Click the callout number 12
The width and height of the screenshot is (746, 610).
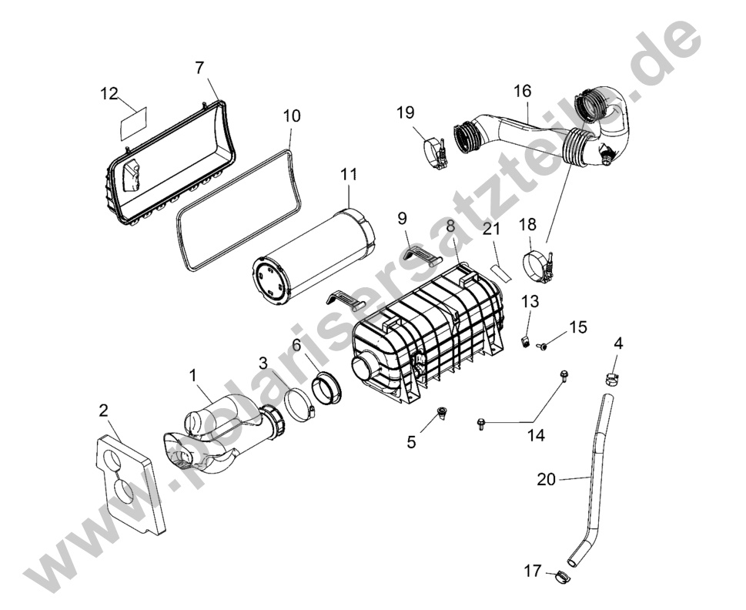click(x=109, y=93)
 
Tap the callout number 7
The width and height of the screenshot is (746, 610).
click(x=199, y=68)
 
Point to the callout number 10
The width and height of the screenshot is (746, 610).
click(x=292, y=116)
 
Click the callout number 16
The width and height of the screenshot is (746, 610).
click(x=523, y=91)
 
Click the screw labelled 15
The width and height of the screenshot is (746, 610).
click(x=542, y=346)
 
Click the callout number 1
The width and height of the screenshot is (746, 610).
click(x=193, y=375)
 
